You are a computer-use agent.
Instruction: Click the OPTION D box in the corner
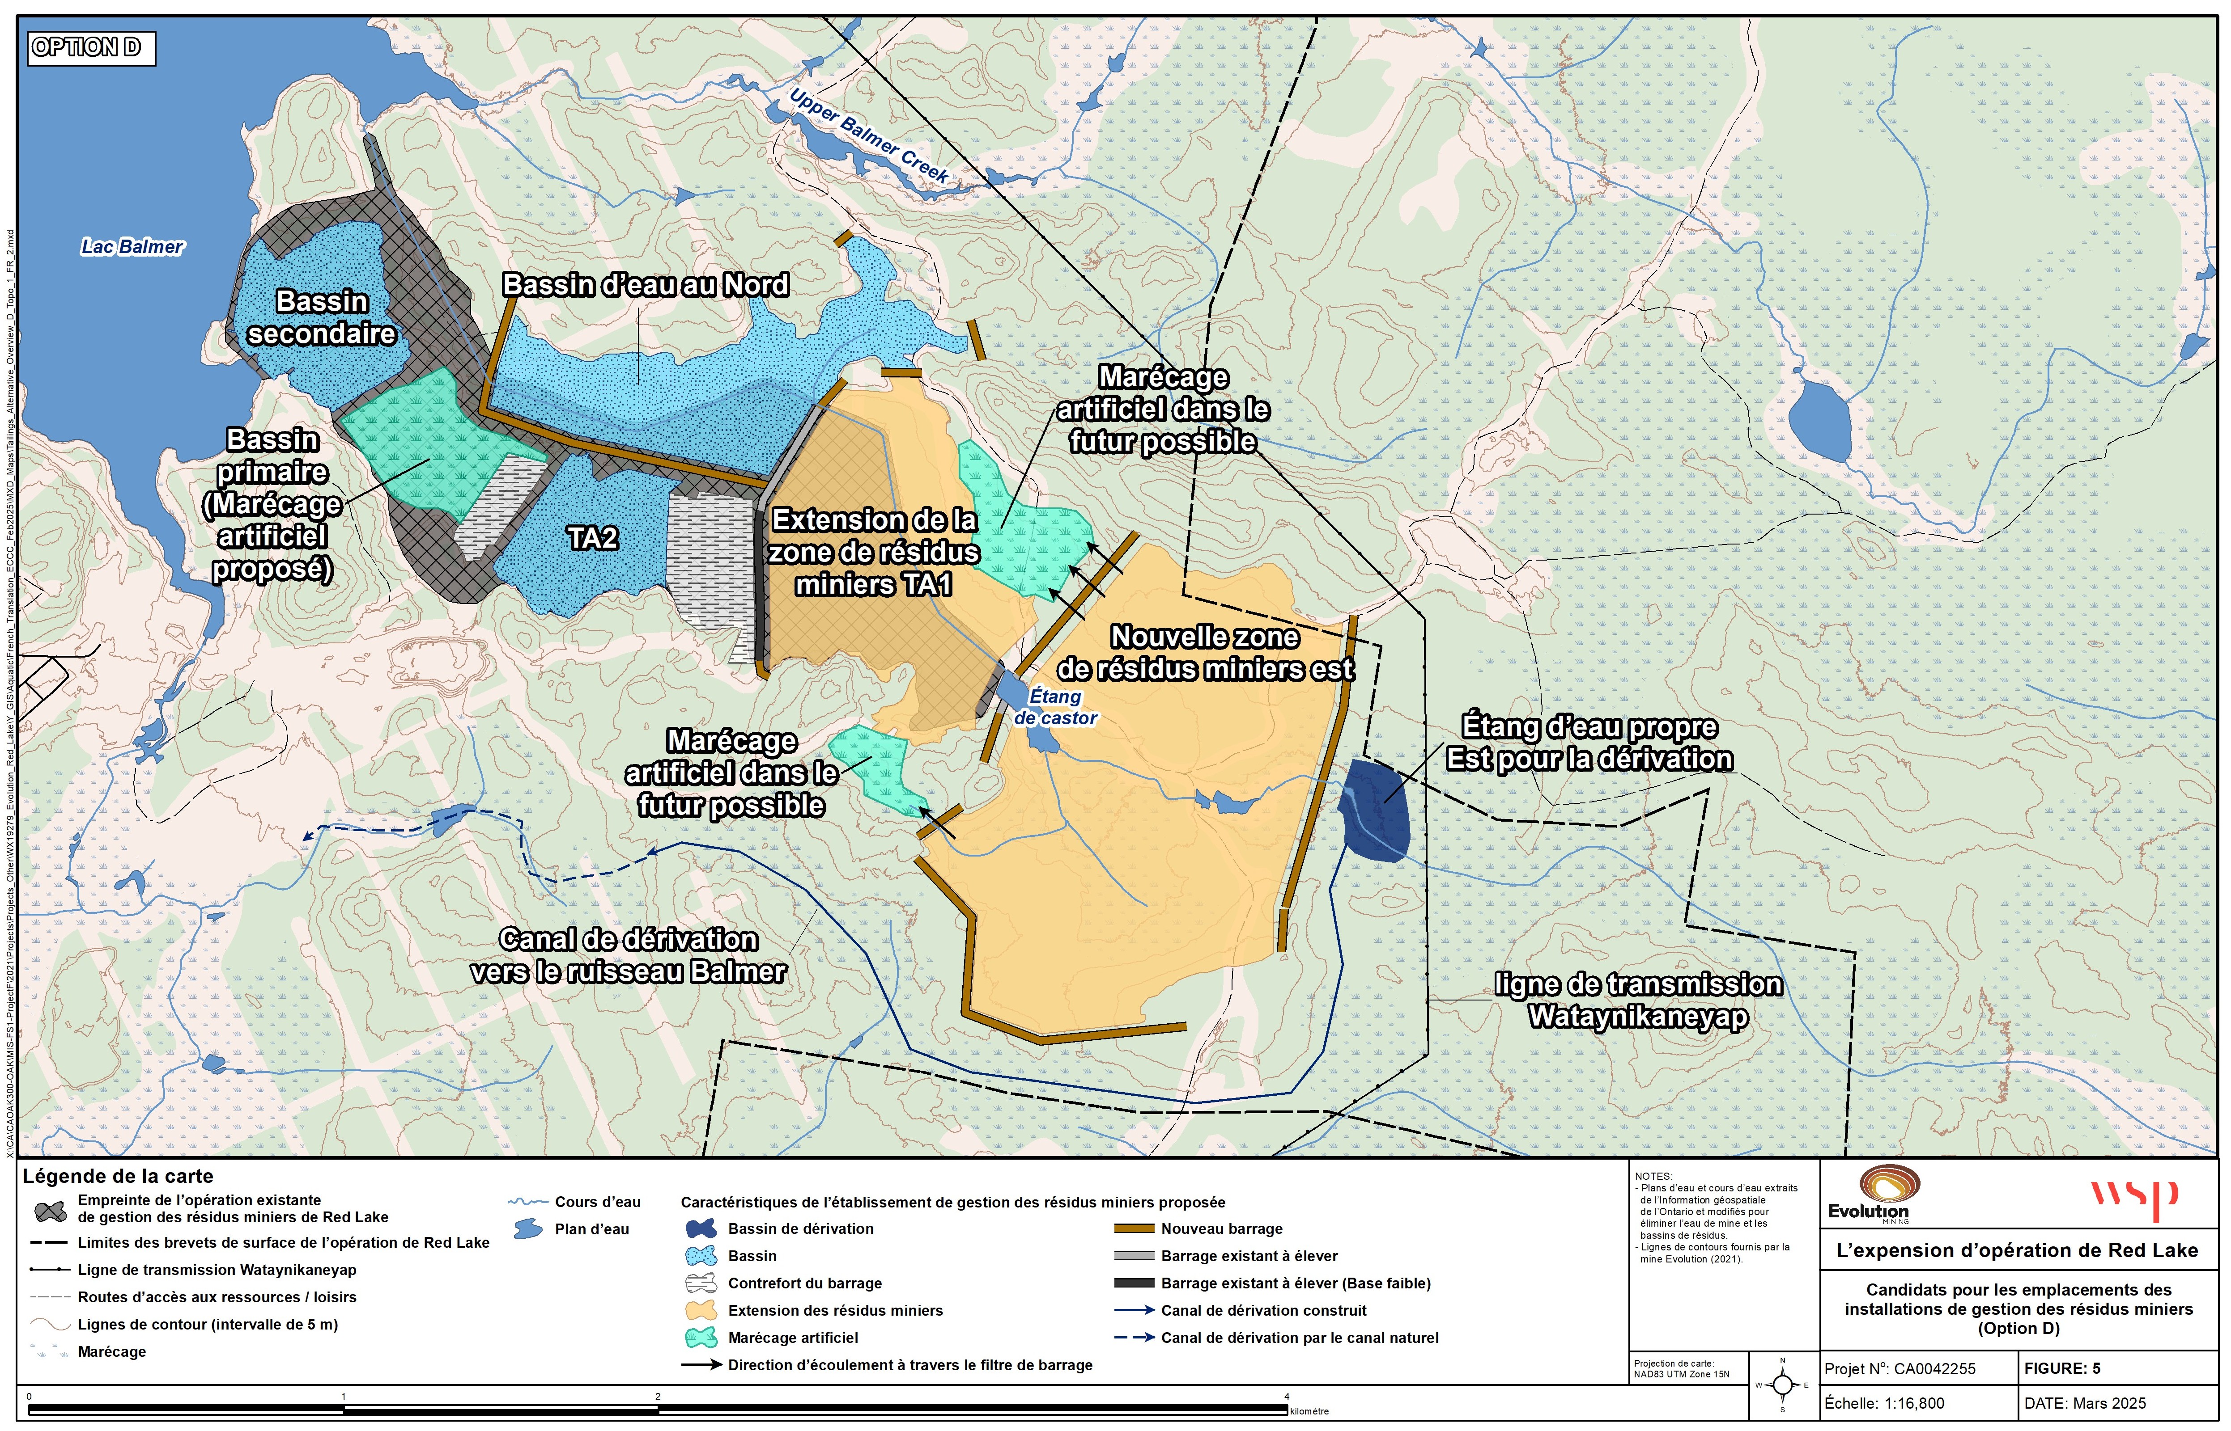click(x=92, y=47)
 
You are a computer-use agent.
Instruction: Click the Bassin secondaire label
click(x=322, y=318)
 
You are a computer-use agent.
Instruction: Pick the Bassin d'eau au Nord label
click(x=646, y=285)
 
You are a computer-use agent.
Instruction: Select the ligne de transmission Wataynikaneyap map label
click(x=1638, y=1000)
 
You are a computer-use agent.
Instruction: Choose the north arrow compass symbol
click(x=1782, y=1385)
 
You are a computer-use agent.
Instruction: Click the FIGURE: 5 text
click(x=2062, y=1369)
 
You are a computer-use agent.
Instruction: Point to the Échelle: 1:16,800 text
click(x=1884, y=1403)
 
